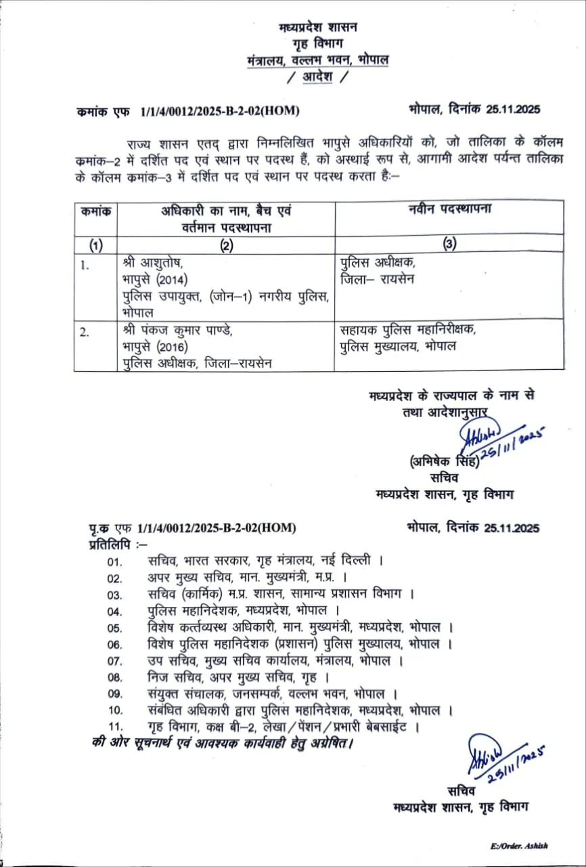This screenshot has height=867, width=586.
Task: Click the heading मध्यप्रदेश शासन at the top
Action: click(317, 28)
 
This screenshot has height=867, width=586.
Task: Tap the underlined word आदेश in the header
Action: click(317, 77)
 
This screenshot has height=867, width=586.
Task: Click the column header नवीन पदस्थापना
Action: click(449, 209)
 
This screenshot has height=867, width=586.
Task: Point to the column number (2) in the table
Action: click(225, 245)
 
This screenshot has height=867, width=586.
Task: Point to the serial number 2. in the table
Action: click(84, 331)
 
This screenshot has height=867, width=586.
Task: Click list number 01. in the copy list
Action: click(114, 562)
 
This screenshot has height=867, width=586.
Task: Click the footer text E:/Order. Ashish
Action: click(519, 846)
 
